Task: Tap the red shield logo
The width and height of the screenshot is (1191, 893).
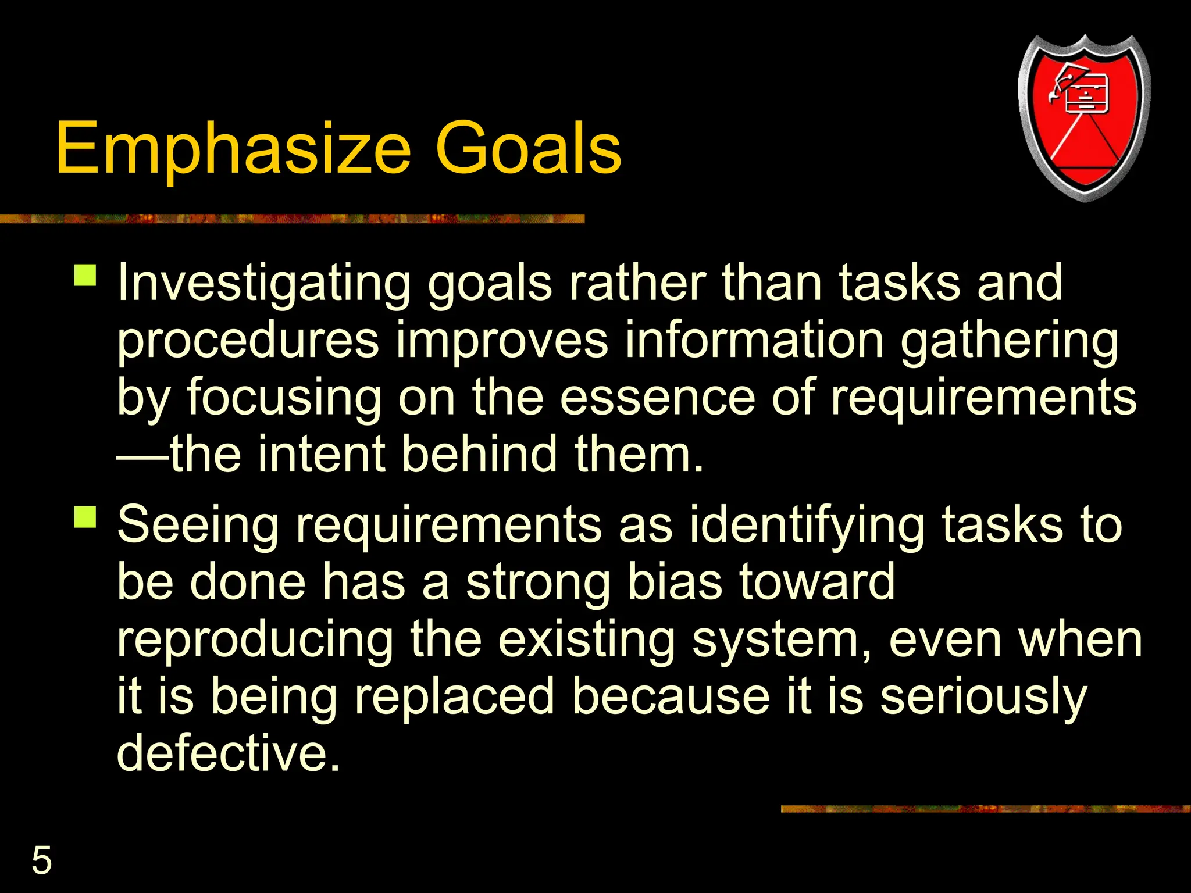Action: [1084, 119]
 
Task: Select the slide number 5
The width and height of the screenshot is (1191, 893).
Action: [41, 860]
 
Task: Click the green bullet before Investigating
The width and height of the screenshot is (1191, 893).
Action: [85, 275]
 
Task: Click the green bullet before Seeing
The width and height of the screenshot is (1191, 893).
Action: [85, 516]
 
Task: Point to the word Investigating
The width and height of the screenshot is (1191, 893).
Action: [264, 284]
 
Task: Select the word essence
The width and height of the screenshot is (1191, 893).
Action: [657, 398]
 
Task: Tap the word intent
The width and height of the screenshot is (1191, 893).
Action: [322, 455]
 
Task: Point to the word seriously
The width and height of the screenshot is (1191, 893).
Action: [982, 696]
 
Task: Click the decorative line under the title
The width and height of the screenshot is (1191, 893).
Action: [291, 219]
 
